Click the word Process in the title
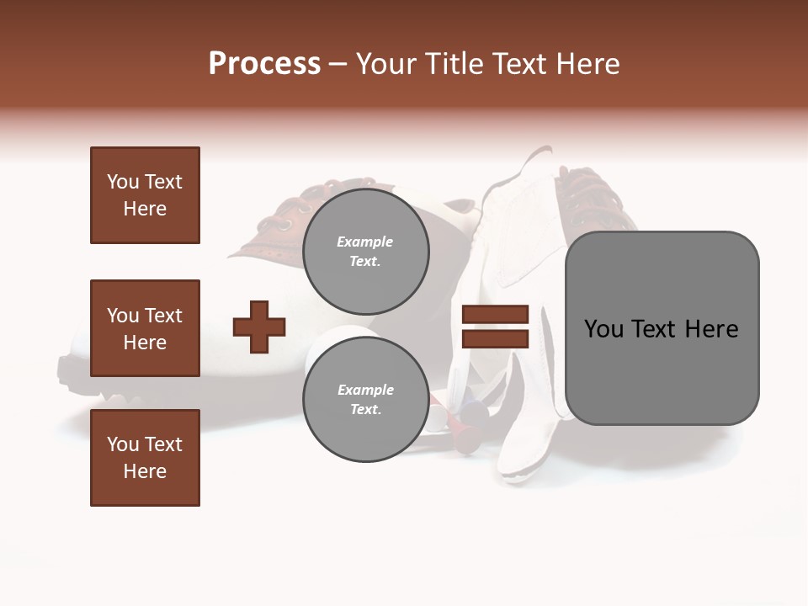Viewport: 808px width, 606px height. [x=264, y=64]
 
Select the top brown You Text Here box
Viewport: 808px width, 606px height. [x=145, y=195]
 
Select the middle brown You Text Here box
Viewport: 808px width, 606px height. [x=145, y=328]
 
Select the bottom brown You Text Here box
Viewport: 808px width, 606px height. [x=145, y=458]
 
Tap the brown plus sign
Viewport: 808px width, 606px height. [x=259, y=327]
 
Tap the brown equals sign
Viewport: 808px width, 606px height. [x=495, y=327]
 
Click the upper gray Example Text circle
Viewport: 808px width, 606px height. [x=365, y=252]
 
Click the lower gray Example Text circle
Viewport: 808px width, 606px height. [x=365, y=399]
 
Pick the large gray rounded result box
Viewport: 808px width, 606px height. [x=662, y=327]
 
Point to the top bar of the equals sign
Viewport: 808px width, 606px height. [x=495, y=315]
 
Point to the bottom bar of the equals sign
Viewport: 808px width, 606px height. [x=495, y=338]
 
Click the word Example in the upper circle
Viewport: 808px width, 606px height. [x=365, y=242]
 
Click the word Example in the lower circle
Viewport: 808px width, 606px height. [x=365, y=390]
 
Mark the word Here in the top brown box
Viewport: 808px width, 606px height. [x=145, y=209]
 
